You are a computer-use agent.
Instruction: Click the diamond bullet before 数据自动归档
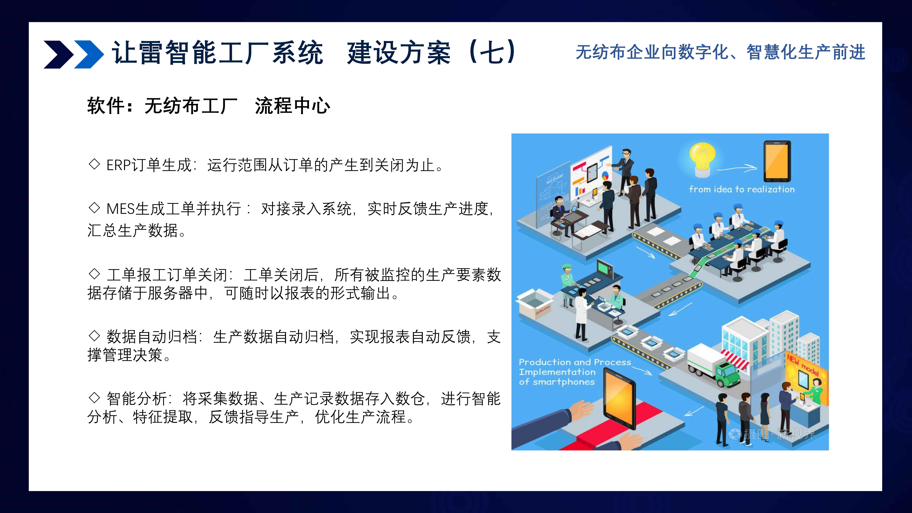point(94,335)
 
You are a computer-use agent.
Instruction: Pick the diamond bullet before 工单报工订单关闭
point(94,274)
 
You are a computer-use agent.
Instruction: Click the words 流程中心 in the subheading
point(292,106)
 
